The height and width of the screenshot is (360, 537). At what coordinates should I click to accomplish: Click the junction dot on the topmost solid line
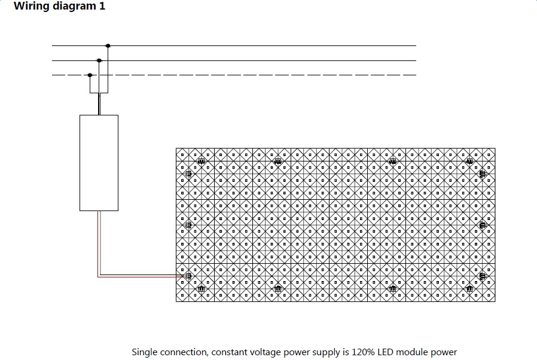pyautogui.click(x=108, y=45)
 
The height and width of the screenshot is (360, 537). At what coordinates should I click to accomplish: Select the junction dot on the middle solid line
pyautogui.click(x=99, y=60)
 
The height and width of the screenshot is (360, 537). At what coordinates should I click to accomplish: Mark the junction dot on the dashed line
pyautogui.click(x=90, y=75)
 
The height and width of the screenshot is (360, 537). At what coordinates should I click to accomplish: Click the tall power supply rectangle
pyautogui.click(x=99, y=162)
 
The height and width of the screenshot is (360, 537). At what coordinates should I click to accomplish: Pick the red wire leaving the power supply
pyautogui.click(x=98, y=245)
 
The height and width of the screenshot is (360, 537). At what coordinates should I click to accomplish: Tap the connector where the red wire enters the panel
pyautogui.click(x=188, y=276)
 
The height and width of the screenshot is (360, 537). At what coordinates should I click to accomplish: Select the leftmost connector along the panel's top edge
pyautogui.click(x=202, y=161)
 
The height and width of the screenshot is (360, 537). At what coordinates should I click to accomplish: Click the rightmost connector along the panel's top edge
pyautogui.click(x=469, y=161)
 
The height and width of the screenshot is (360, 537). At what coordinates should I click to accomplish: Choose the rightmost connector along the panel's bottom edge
pyautogui.click(x=469, y=288)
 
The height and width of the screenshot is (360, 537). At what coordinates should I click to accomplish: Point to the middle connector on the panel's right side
pyautogui.click(x=483, y=225)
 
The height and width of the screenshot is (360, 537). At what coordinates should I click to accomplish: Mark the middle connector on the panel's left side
pyautogui.click(x=188, y=225)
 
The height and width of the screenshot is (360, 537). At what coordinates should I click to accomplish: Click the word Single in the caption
pyautogui.click(x=145, y=352)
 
